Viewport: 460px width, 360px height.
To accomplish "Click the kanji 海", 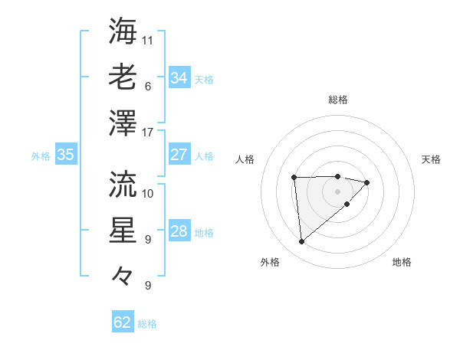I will pos(123,31).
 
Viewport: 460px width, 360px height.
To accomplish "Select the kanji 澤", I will pos(123,123).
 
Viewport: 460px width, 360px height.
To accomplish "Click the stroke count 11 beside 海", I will pos(148,40).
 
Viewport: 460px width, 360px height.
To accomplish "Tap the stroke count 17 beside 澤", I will pos(148,133).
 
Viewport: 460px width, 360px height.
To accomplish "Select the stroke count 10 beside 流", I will pos(148,193).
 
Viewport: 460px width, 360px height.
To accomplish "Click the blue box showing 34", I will pos(179,77).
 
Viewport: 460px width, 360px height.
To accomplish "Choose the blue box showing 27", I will pos(179,155).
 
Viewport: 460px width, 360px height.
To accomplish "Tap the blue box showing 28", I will pos(179,232).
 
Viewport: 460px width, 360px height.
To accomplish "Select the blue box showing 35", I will pos(65,155).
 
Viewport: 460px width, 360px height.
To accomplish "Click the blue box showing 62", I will pos(123,322).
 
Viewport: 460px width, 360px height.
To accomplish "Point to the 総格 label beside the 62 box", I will pos(147,324).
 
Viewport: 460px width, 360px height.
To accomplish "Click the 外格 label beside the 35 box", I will pos(41,156).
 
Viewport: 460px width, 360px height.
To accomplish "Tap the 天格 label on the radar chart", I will pos(431,159).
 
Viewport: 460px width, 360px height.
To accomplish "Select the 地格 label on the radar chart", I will pos(402,263).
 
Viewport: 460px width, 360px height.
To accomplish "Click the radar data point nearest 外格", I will pos(302,242).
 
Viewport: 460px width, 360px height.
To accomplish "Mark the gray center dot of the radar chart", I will pos(337,190).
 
